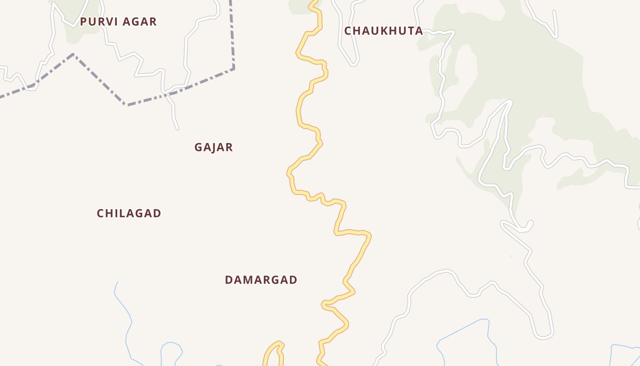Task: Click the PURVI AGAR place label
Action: coord(118,22)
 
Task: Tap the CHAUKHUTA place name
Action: coord(384,31)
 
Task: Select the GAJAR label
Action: coord(213,147)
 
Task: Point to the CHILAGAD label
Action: coord(129,213)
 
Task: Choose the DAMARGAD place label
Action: coord(261,280)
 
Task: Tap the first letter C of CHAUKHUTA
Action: coord(348,31)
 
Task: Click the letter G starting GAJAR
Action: coord(198,147)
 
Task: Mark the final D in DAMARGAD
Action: coord(293,280)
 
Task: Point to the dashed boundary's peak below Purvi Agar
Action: coord(73,54)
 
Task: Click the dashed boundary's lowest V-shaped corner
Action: coord(126,105)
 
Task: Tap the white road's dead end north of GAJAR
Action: coord(177,129)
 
